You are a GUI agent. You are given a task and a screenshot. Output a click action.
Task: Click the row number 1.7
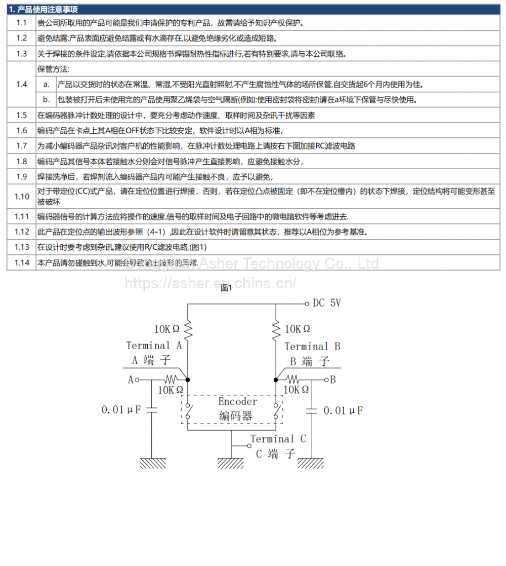(x=21, y=146)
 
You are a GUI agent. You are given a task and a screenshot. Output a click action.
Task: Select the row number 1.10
(x=22, y=196)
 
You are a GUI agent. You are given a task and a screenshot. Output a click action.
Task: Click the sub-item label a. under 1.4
(x=46, y=84)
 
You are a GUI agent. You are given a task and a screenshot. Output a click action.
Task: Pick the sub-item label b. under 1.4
(x=46, y=99)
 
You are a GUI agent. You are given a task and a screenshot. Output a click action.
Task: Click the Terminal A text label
(x=154, y=346)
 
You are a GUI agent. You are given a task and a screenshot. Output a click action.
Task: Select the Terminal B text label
(x=312, y=347)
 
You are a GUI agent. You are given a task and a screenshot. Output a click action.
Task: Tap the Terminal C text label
(x=278, y=439)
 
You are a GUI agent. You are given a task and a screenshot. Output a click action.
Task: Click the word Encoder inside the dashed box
(x=238, y=401)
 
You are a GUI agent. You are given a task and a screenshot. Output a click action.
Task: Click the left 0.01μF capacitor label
(x=121, y=409)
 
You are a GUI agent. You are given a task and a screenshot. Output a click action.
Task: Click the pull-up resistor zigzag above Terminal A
(x=188, y=329)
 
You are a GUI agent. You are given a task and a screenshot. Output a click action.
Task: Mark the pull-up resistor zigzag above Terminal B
(x=276, y=329)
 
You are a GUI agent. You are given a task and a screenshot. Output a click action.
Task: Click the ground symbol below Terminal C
(x=231, y=463)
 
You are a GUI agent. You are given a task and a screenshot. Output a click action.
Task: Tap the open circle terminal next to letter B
(x=326, y=379)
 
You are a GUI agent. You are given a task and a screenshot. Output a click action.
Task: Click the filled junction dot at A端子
(x=188, y=379)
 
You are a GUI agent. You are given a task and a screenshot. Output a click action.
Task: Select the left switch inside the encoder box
(x=188, y=410)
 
